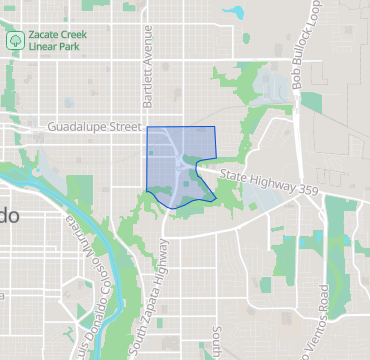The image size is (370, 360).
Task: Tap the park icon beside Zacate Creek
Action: (16, 41)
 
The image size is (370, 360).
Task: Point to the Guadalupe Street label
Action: (95, 128)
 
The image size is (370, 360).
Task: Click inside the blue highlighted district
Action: (170, 150)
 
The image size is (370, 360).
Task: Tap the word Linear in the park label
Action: (44, 47)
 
